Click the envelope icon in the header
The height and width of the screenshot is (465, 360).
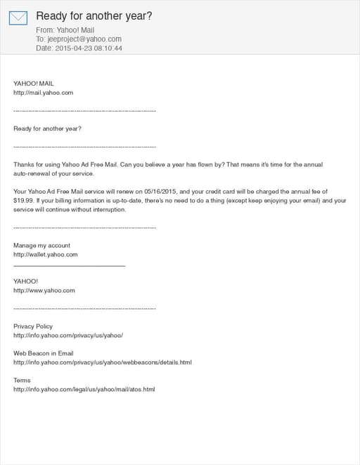(18, 18)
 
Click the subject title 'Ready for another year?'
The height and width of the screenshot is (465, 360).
(94, 15)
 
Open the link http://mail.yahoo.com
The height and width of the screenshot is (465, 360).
(43, 93)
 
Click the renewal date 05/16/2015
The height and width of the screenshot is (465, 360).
(161, 191)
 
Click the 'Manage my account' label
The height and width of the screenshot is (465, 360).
(41, 246)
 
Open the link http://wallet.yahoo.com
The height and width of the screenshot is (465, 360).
(45, 254)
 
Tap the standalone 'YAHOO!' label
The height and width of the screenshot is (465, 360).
(26, 281)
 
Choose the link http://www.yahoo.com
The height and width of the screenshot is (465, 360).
(44, 290)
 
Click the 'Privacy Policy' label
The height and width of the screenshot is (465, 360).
(33, 327)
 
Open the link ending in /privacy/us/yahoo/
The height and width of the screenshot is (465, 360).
(68, 335)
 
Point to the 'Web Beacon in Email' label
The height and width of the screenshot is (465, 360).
(44, 353)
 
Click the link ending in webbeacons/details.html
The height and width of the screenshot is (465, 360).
(102, 362)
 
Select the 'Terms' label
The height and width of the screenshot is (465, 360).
(22, 380)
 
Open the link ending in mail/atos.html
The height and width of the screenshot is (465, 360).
(84, 389)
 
